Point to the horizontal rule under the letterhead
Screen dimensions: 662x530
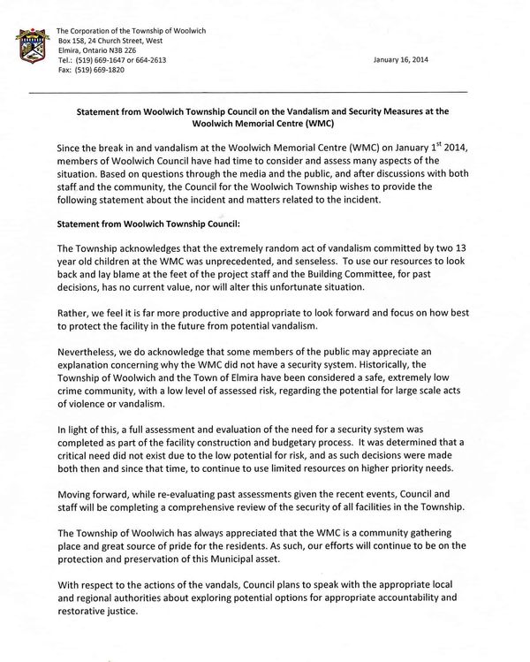265,93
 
